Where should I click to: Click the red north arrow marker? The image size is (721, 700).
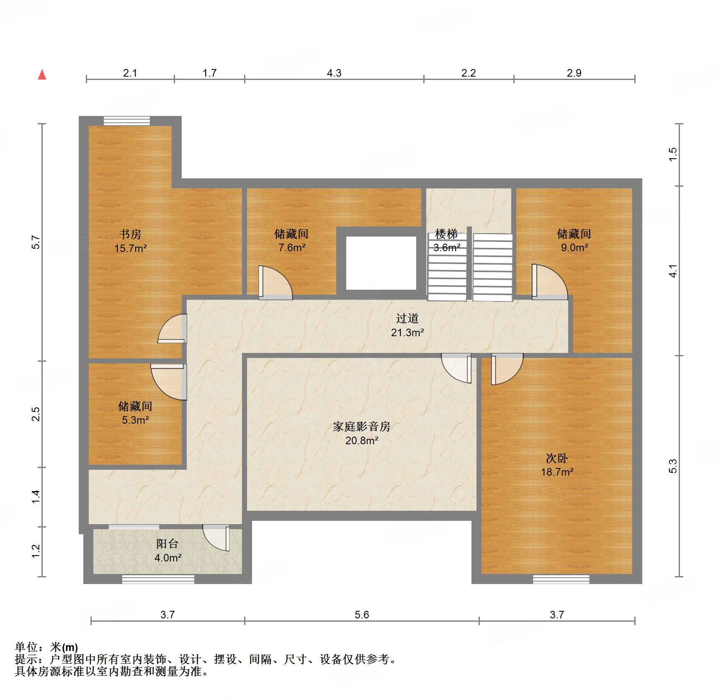pyautogui.click(x=42, y=75)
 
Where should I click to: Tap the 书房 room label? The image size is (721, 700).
pyautogui.click(x=130, y=234)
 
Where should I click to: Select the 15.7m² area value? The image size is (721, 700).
pyautogui.click(x=130, y=248)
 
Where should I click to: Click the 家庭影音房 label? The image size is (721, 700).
pyautogui.click(x=362, y=427)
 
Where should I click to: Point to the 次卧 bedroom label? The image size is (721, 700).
pyautogui.click(x=557, y=458)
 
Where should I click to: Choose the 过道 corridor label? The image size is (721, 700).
pyautogui.click(x=407, y=319)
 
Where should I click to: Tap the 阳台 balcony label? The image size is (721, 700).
pyautogui.click(x=167, y=544)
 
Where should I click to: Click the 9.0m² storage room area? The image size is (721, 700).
pyautogui.click(x=574, y=247)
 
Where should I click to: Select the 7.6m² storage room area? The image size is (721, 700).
pyautogui.click(x=292, y=247)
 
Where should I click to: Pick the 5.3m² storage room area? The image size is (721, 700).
pyautogui.click(x=135, y=420)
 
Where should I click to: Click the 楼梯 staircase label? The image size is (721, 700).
pyautogui.click(x=446, y=234)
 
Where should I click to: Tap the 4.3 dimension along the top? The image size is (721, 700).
pyautogui.click(x=334, y=73)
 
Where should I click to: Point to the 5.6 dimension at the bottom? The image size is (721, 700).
pyautogui.click(x=362, y=615)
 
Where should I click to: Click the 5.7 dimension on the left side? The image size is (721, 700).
pyautogui.click(x=36, y=242)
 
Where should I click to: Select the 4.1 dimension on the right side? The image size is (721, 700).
pyautogui.click(x=673, y=270)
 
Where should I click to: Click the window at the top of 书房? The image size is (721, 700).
pyautogui.click(x=127, y=121)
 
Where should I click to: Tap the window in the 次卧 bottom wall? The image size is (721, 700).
pyautogui.click(x=561, y=579)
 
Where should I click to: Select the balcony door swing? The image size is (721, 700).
pyautogui.click(x=216, y=538)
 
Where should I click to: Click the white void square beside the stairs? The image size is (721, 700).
pyautogui.click(x=381, y=263)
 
